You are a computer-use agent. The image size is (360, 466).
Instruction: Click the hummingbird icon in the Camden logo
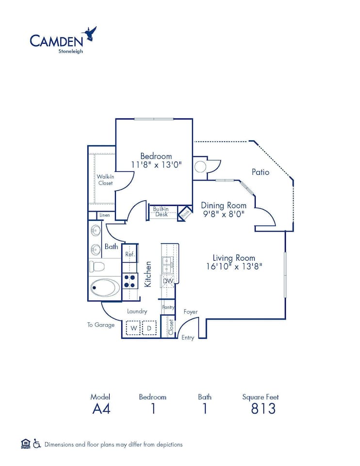(90, 33)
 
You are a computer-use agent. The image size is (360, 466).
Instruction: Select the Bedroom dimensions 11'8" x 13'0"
(156, 165)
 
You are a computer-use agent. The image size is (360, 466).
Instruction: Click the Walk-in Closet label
(105, 180)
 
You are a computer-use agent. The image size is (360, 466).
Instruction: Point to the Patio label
(261, 172)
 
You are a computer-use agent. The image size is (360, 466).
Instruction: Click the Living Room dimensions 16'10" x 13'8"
(234, 266)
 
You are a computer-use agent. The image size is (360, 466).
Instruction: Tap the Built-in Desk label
(161, 212)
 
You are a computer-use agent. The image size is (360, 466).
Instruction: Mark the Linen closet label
(105, 215)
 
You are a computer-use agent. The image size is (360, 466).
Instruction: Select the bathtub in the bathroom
(105, 287)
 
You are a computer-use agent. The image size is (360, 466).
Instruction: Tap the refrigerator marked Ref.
(130, 253)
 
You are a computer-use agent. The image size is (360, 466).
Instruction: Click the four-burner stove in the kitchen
(130, 281)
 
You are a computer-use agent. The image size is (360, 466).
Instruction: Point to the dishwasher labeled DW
(168, 281)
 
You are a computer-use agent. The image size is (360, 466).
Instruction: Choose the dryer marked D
(149, 329)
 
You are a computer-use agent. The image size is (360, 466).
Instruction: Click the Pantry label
(168, 307)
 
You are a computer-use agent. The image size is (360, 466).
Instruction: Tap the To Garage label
(101, 325)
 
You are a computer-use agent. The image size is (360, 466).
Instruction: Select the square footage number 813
(263, 409)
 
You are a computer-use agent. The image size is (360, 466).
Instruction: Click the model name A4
(101, 409)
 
